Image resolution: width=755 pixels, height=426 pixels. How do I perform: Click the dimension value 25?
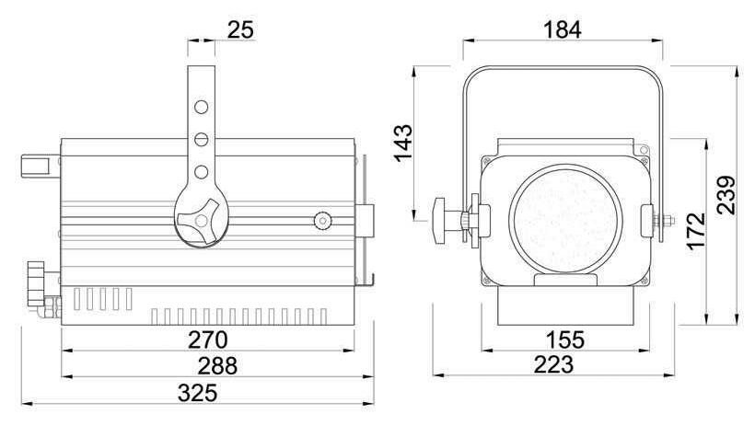(240, 29)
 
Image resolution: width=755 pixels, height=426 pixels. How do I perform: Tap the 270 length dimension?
(207, 340)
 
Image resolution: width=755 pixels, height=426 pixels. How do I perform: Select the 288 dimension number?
(217, 366)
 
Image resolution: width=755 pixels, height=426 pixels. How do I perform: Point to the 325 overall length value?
(197, 393)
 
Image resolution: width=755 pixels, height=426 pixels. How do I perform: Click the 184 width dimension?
(563, 29)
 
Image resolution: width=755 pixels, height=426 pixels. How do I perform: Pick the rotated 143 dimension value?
(403, 143)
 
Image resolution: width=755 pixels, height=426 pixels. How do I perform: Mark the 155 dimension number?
(565, 340)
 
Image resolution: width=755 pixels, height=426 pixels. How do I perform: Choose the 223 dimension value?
(553, 364)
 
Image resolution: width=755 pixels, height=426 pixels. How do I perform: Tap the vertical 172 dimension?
(697, 231)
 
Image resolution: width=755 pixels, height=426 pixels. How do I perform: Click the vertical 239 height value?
(726, 195)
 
